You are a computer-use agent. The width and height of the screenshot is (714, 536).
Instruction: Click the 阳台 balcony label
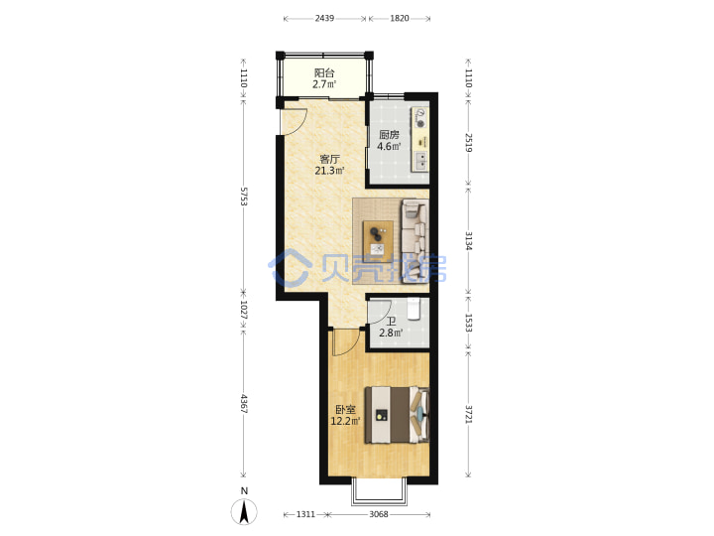pos(324,72)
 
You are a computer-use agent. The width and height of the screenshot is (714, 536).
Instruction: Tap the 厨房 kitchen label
pos(390,135)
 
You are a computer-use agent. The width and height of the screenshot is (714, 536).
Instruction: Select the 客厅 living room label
pos(329,159)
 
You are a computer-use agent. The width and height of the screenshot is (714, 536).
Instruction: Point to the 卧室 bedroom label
pos(346,410)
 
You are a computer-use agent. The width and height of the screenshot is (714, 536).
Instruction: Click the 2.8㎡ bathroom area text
pos(391,333)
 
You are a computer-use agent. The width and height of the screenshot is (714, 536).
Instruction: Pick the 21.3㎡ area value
pos(329,171)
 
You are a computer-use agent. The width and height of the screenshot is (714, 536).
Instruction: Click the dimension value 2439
pos(324,18)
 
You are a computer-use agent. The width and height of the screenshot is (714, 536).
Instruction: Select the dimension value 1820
pos(400,18)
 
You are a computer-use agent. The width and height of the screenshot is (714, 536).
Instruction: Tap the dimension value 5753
pos(244,196)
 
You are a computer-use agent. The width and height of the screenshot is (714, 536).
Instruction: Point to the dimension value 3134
pos(468,240)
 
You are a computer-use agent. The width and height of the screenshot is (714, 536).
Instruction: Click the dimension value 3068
pos(379,514)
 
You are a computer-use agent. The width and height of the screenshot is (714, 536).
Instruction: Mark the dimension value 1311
pos(305,514)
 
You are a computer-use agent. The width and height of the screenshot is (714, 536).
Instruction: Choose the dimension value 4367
pos(244,404)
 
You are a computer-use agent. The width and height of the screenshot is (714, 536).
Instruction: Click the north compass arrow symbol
pos(245,511)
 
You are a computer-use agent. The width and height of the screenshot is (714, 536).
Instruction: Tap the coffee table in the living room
pos(378,241)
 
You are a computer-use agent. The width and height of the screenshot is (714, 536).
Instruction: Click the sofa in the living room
pos(415,241)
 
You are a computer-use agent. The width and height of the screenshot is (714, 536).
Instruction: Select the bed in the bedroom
pos(397,414)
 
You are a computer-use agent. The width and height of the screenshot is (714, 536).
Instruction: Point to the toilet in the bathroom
pos(413,309)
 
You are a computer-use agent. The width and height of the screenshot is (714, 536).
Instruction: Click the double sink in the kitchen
pos(420,160)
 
